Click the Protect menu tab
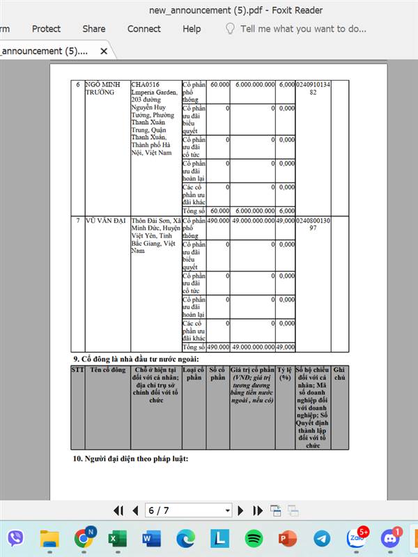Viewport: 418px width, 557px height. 46,29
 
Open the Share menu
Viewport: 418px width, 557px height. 94,29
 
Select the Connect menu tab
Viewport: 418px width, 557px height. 144,29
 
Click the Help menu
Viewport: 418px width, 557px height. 192,29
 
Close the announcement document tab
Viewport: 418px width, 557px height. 104,51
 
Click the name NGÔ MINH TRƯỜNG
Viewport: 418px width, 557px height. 104,88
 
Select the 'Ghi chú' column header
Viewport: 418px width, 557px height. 339,373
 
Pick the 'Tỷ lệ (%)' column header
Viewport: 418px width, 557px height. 284,373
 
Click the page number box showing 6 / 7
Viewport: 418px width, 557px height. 188,510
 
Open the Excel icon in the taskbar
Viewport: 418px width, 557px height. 117,538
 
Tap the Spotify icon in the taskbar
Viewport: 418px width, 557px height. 253,538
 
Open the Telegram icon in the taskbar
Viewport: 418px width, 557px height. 321,538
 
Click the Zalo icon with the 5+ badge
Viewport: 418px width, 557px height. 355,538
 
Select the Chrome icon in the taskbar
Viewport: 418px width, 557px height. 84,538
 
